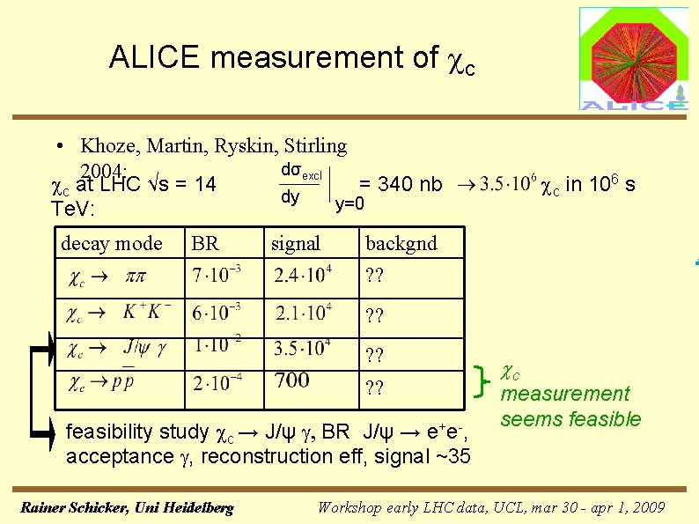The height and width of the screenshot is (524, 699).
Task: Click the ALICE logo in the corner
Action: pos(633,58)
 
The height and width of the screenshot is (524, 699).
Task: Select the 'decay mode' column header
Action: pos(112,243)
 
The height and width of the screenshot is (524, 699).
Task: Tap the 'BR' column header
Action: pos(205,243)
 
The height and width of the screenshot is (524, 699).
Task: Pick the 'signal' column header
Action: pos(296,243)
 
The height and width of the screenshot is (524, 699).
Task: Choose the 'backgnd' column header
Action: pos(401,243)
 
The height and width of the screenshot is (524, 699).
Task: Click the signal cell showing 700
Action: pos(292,380)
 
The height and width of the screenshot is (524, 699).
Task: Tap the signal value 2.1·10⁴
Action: pos(303,313)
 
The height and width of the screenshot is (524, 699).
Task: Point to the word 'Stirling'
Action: pos(315,145)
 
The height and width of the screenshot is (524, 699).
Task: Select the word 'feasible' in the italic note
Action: pos(605,419)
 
